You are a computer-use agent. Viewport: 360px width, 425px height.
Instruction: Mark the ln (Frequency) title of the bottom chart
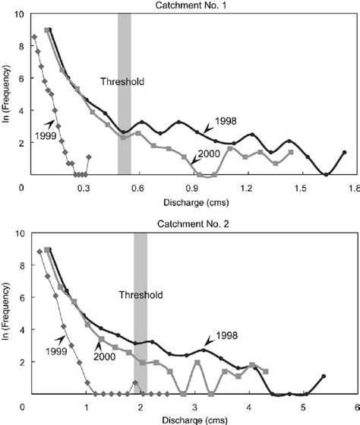click(x=8, y=314)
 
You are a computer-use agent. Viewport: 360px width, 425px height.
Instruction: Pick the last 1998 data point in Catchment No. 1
click(x=345, y=153)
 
